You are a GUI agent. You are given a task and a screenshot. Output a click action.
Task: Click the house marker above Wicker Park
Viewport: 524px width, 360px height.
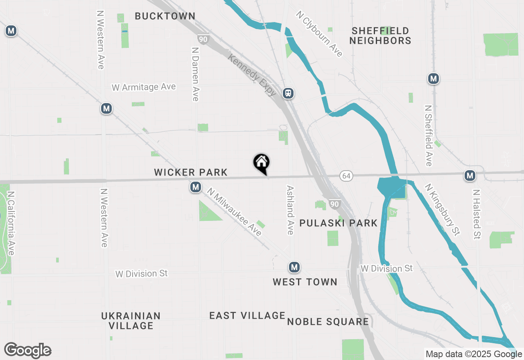pos(261,163)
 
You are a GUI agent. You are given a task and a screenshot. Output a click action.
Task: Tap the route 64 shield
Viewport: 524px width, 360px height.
pos(346,176)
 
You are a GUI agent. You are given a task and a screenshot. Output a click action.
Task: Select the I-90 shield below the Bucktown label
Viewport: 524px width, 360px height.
pos(203,39)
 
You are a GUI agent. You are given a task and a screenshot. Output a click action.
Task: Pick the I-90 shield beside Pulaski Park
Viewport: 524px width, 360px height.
pos(334,204)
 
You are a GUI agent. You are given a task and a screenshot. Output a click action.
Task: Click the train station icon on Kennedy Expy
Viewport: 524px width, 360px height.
pos(288,93)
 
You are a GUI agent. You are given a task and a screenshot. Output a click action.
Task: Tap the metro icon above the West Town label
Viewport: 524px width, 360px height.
pos(294,268)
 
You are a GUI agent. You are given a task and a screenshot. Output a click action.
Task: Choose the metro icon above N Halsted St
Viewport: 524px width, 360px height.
pos(470,175)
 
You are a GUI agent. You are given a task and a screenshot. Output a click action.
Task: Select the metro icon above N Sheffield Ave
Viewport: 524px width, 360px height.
pos(433,78)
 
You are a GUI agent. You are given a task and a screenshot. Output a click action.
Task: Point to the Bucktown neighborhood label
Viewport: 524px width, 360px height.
pos(165,16)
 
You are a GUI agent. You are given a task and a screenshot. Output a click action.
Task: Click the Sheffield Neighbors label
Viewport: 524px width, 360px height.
pos(380,36)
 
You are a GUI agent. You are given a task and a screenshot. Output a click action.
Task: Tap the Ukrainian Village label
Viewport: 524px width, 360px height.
pos(131,321)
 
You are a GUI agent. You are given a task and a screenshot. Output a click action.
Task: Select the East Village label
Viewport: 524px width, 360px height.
pos(247,315)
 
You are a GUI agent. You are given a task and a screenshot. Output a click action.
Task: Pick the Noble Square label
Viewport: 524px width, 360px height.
pos(328,322)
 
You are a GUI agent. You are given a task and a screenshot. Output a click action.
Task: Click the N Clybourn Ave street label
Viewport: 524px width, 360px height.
pos(319,34)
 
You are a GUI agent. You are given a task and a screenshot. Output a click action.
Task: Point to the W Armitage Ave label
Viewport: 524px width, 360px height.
pos(144,87)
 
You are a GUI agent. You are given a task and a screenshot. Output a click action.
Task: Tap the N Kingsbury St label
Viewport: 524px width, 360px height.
pos(442,210)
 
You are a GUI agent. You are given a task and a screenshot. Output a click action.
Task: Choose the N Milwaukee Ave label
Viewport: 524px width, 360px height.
pos(234,212)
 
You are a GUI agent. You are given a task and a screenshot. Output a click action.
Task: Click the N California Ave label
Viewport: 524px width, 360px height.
pos(11,223)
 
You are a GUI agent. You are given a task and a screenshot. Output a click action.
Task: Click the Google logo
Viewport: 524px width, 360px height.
pos(27,350)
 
